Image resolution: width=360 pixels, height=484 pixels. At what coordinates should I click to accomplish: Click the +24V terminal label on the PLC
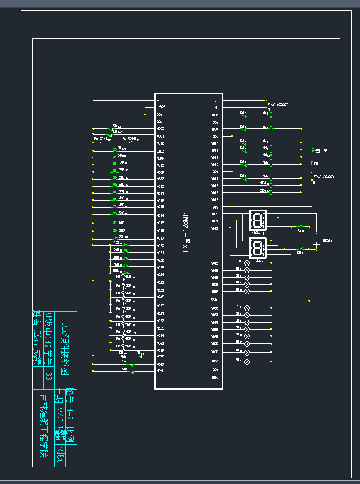(x=161, y=107)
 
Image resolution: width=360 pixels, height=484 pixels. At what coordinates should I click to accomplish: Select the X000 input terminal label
(x=161, y=129)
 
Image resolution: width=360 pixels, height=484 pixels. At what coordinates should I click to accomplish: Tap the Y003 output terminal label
(x=215, y=115)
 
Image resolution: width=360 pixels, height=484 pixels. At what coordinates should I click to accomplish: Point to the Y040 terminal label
(x=215, y=377)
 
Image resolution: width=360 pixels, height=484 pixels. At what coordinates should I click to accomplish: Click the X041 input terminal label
(x=161, y=371)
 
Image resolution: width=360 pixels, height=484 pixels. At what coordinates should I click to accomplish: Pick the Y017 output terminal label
(x=215, y=199)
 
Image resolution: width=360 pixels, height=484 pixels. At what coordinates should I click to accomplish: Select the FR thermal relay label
(x=325, y=150)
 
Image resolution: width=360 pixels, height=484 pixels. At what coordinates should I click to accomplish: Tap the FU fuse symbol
(x=312, y=164)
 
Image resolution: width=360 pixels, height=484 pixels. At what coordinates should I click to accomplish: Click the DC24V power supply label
(x=328, y=240)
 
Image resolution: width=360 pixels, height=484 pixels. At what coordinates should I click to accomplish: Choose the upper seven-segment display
(x=257, y=220)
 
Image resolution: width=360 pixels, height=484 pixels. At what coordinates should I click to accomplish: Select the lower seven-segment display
(x=257, y=248)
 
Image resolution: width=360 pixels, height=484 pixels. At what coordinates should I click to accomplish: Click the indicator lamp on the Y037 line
(x=248, y=361)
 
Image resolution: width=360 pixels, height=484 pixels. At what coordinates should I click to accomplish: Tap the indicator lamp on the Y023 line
(x=248, y=263)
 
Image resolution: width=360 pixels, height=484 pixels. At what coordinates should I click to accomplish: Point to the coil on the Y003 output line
(x=271, y=115)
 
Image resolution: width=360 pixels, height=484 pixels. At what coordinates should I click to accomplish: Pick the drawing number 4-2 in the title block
(x=70, y=412)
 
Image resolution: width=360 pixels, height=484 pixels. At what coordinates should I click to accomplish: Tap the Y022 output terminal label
(x=215, y=229)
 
